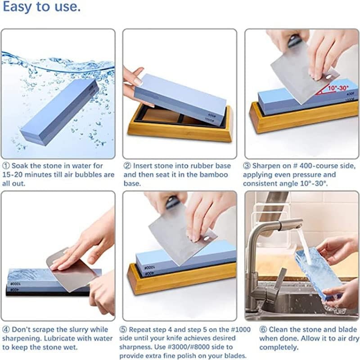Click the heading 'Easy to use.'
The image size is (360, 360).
(x=41, y=8)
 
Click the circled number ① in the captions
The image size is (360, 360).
(x=6, y=166)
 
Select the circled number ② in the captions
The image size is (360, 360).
(x=127, y=166)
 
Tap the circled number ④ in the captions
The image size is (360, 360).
(x=6, y=330)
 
